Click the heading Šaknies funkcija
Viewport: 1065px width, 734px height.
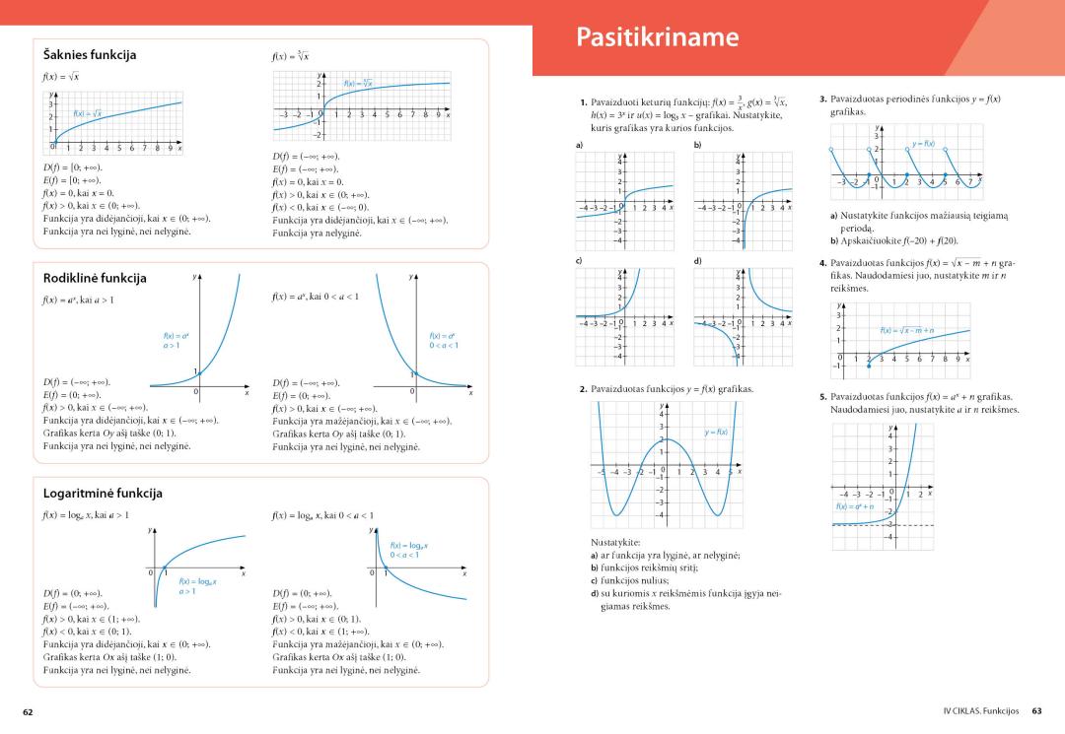(x=90, y=54)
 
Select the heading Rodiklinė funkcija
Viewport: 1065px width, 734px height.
(x=95, y=278)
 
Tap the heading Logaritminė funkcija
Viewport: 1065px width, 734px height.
(x=103, y=492)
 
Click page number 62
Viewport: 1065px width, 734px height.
(x=29, y=710)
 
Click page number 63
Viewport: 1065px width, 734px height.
(x=1036, y=710)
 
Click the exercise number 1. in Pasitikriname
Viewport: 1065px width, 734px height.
(x=584, y=100)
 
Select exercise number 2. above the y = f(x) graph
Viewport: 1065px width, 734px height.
(x=584, y=390)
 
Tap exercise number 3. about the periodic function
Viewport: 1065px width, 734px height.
(x=823, y=100)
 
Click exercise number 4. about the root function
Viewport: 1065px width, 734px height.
(x=823, y=264)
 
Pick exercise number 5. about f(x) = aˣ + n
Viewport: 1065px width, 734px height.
(x=823, y=396)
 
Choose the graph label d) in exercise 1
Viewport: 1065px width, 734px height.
(x=697, y=260)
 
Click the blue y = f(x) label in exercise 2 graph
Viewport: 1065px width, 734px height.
(x=716, y=432)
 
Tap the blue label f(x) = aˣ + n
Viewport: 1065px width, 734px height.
(x=855, y=505)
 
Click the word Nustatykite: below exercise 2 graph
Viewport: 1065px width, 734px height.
(x=615, y=543)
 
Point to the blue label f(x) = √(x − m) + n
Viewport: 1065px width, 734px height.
(x=907, y=330)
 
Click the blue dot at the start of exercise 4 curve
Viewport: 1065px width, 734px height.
(x=869, y=366)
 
